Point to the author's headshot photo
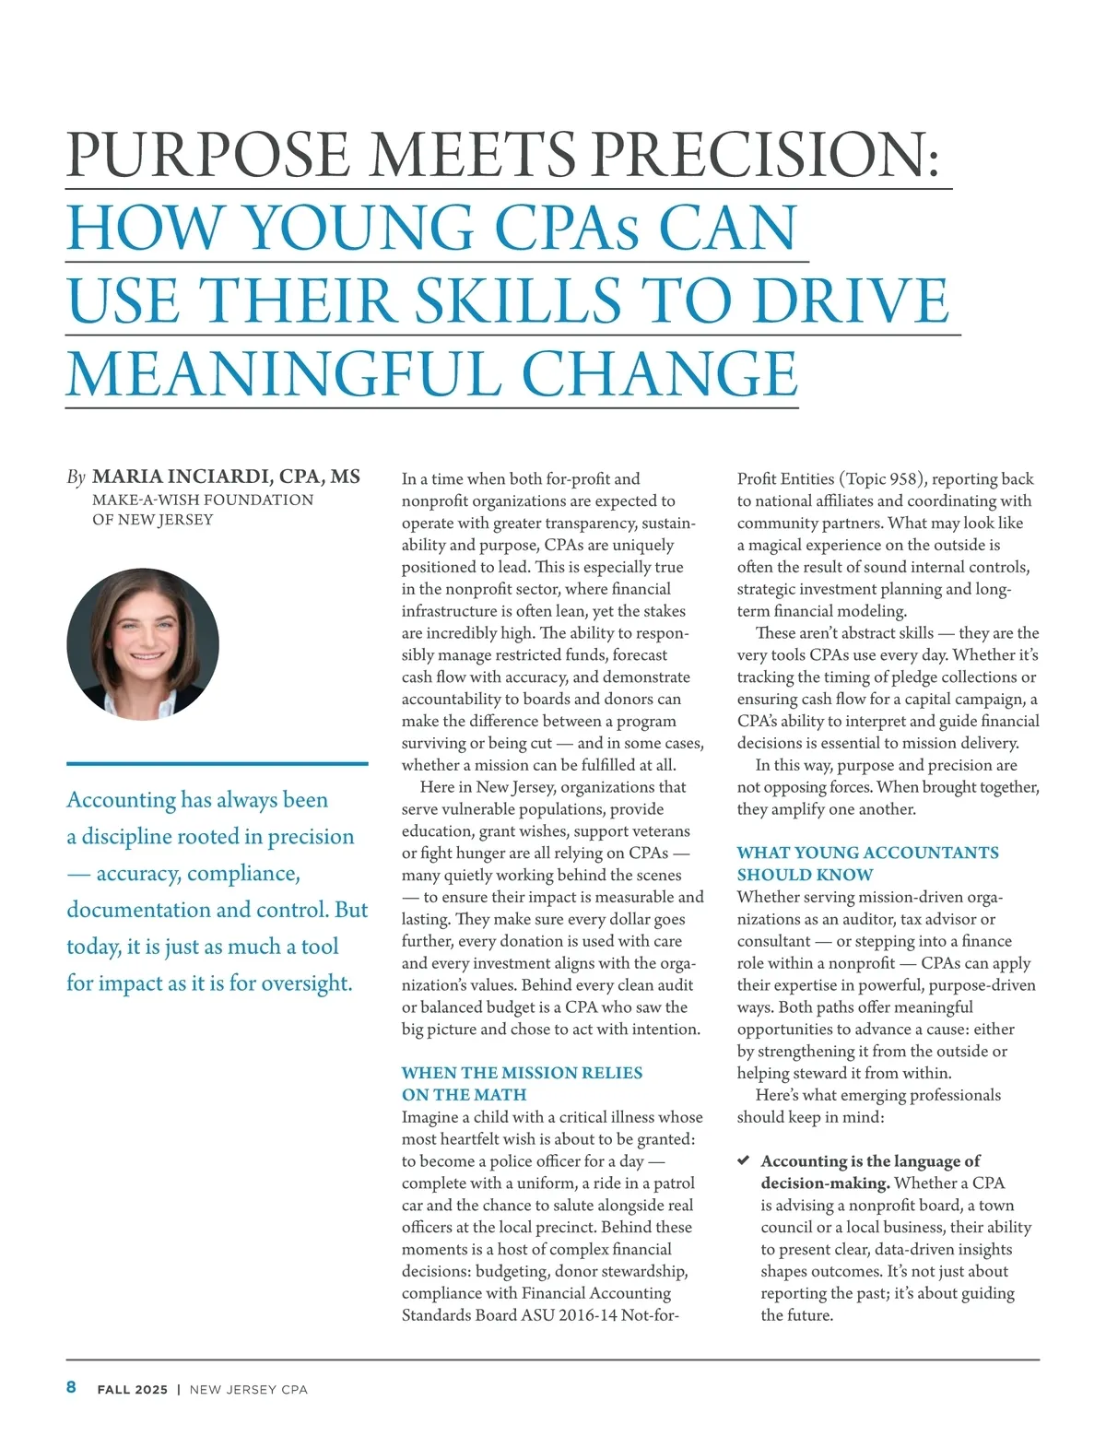(x=143, y=644)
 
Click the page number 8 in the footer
(x=71, y=1387)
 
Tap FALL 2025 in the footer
(x=133, y=1389)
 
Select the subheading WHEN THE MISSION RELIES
(x=522, y=1073)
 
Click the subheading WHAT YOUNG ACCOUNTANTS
(x=867, y=853)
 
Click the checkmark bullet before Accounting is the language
(x=744, y=1160)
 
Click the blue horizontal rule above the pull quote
(x=217, y=763)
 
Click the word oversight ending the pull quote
(x=307, y=983)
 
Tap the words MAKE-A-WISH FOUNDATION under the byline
(x=203, y=500)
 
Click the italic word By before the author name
(x=76, y=477)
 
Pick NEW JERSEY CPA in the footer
(x=248, y=1389)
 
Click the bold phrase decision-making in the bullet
(x=825, y=1183)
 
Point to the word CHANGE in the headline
(x=660, y=374)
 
